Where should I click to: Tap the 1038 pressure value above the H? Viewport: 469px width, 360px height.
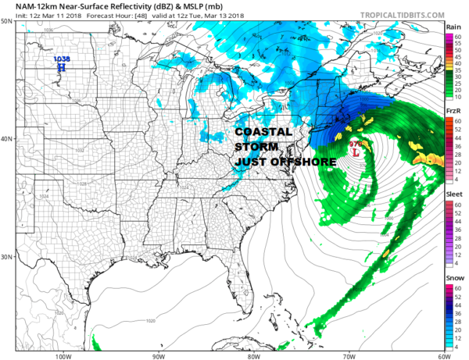pos(60,59)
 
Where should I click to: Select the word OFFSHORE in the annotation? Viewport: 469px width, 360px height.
pos(306,162)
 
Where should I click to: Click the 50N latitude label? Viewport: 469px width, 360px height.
pos(6,22)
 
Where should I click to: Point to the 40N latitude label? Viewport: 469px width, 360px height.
pos(6,139)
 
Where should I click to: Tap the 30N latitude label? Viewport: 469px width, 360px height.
pos(6,257)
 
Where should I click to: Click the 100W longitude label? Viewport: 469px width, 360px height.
pos(63,356)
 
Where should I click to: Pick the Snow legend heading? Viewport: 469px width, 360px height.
pos(454,278)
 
